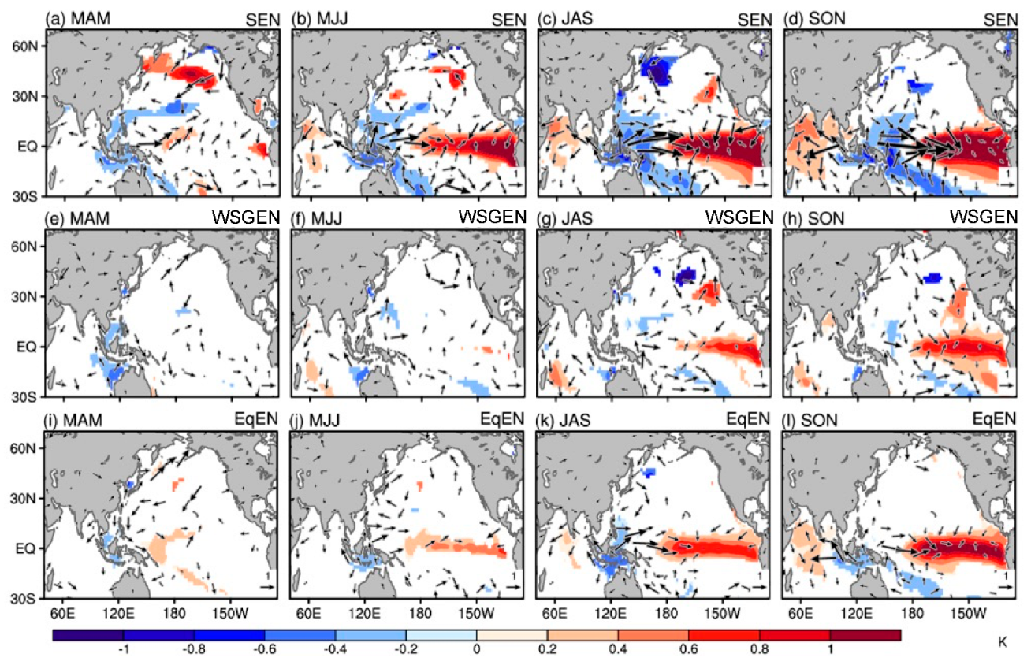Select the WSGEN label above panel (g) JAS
[743, 216]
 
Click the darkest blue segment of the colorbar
[87, 634]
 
